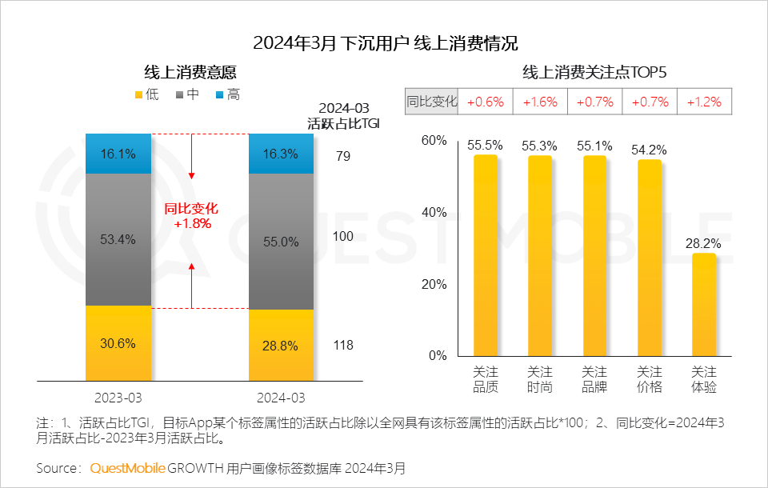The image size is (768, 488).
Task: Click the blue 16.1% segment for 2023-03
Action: [118, 154]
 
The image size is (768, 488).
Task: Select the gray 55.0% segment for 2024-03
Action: [281, 242]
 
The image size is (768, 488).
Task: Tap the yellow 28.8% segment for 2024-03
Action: [281, 346]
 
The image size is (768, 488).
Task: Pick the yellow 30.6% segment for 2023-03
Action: [118, 343]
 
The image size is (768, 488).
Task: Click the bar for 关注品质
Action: [486, 255]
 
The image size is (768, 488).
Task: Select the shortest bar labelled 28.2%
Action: [703, 304]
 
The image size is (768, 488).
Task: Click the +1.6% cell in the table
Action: [540, 102]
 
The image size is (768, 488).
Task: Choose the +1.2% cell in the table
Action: [704, 102]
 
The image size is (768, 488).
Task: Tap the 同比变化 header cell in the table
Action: [432, 102]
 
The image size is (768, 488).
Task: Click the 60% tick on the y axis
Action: [434, 141]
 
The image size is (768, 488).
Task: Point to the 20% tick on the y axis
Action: [434, 284]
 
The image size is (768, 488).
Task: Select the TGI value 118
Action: [343, 346]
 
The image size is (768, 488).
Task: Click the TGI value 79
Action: [343, 156]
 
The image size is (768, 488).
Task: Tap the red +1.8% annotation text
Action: [192, 224]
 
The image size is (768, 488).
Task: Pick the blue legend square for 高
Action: [220, 95]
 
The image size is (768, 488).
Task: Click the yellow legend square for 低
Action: [138, 95]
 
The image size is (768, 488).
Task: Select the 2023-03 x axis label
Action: [118, 397]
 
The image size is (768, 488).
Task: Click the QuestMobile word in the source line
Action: [128, 467]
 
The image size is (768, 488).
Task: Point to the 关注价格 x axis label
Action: [649, 379]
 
